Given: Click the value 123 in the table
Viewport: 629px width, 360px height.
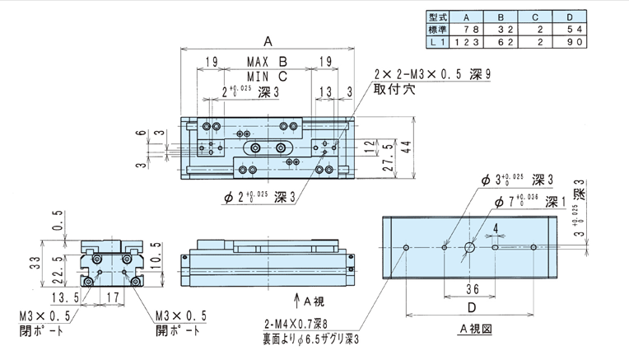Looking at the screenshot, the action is [x=467, y=42].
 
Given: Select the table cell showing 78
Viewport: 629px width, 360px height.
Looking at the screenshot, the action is [x=472, y=30].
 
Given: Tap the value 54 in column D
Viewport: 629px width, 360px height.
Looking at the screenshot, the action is [x=575, y=30].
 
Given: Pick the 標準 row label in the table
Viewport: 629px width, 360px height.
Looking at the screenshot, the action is [x=438, y=30].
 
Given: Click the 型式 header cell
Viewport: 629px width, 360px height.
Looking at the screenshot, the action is [x=438, y=16].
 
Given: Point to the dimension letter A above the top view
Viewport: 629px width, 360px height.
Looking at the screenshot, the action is [x=268, y=41].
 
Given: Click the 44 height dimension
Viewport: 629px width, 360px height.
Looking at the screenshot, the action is [x=407, y=147].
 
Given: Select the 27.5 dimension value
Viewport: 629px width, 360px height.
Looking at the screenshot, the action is [x=388, y=157].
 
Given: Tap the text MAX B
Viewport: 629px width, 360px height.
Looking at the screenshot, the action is [x=268, y=62].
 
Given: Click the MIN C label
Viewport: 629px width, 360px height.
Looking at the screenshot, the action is [x=268, y=76].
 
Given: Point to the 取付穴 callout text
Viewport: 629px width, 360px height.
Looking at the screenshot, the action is [x=394, y=89].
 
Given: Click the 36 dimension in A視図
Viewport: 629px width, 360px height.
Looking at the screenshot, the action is [x=473, y=289].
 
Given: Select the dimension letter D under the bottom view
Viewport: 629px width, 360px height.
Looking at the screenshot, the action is [x=472, y=307].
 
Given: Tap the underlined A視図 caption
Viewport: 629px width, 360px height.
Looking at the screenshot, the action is [x=475, y=329].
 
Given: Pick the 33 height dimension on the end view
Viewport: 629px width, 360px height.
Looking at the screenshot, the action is [x=35, y=263].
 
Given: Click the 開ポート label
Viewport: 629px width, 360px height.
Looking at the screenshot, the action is [x=178, y=330].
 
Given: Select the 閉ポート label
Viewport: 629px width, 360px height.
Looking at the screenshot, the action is [x=41, y=330].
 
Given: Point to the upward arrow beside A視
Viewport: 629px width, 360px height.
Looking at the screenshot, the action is [x=296, y=301].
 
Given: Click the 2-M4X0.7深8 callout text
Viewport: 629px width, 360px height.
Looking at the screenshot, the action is [x=296, y=324].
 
